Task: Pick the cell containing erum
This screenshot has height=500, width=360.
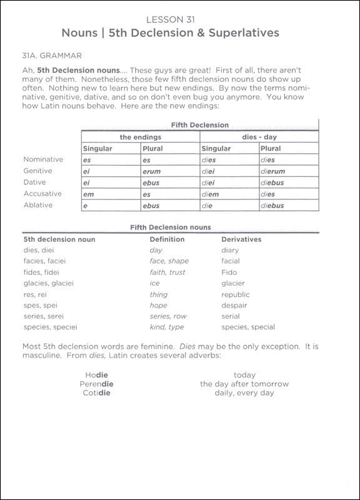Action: [x=152, y=171]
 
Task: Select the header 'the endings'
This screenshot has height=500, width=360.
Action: [x=140, y=136]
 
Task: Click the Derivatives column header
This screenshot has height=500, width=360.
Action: [x=241, y=239]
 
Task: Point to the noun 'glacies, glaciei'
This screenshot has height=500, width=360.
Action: [x=49, y=283]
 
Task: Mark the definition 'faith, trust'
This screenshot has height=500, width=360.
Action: [x=167, y=272]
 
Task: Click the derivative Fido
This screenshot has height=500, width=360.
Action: [x=229, y=272]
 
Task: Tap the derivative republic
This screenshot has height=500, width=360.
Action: [x=236, y=294]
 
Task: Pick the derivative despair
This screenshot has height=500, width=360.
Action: [x=234, y=306]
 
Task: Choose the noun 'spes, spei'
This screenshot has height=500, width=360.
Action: [x=39, y=306]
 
